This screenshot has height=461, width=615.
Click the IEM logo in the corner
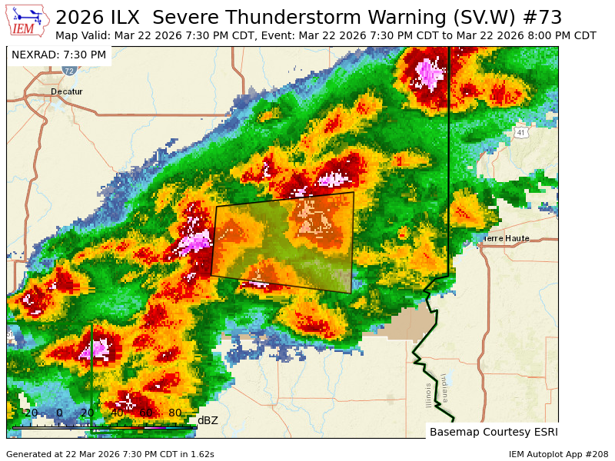tap(28, 22)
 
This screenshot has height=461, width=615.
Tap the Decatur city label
tap(66, 91)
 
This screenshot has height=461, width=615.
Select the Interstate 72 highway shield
tap(69, 70)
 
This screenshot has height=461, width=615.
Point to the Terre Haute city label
tap(506, 238)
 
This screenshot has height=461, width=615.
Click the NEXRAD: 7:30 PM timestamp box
tap(59, 55)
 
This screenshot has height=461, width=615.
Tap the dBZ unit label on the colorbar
tap(208, 420)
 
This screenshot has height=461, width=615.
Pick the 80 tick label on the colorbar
tap(175, 413)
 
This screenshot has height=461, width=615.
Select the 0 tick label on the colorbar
tap(59, 413)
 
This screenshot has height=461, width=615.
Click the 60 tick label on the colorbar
tap(145, 413)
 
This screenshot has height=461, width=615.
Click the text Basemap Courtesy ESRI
tap(493, 431)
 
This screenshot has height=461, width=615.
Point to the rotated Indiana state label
tap(444, 388)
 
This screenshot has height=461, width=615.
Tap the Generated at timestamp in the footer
tap(110, 454)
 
